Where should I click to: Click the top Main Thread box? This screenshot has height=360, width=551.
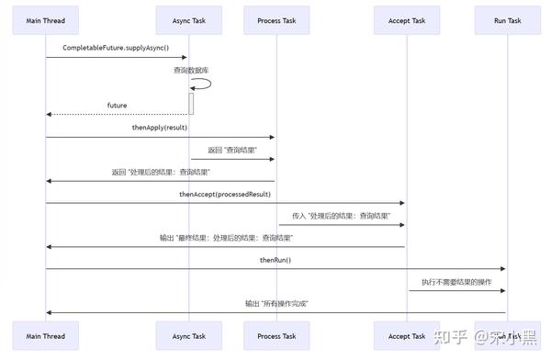pos(46,20)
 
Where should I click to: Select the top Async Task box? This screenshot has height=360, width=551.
pos(189,20)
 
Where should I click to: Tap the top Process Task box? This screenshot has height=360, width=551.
pos(276,20)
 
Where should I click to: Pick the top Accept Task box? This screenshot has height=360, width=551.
pos(406,20)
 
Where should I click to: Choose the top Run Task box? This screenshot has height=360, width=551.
pos(507,20)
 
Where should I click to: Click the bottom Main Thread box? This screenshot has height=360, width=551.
pos(46,336)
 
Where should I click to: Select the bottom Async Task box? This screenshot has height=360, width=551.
pos(189,336)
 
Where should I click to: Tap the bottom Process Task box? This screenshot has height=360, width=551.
pos(276,336)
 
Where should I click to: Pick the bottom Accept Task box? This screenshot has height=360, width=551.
pos(406,336)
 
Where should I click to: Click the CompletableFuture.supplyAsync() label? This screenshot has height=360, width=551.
pos(116,48)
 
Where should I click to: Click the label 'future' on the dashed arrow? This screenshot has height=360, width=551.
pos(118,106)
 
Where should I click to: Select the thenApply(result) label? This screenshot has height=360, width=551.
pos(160,128)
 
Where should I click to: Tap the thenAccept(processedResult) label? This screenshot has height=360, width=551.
pos(225,194)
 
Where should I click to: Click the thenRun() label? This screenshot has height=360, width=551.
pos(275,260)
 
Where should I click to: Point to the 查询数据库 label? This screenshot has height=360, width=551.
pos(191,70)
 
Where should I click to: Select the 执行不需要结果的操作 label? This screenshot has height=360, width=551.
pos(456,282)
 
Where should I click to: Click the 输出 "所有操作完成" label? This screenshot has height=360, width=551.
pos(275,303)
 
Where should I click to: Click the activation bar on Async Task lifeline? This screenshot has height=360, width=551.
pos(192,103)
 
